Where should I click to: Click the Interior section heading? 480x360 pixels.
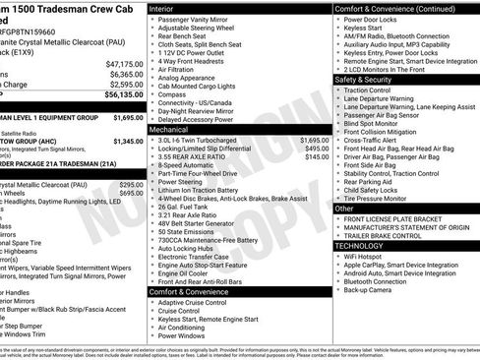(162, 8)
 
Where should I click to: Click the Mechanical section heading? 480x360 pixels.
(169, 130)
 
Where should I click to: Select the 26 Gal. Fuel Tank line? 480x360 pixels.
(187, 207)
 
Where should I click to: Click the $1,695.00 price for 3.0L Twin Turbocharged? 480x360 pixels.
(312, 140)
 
